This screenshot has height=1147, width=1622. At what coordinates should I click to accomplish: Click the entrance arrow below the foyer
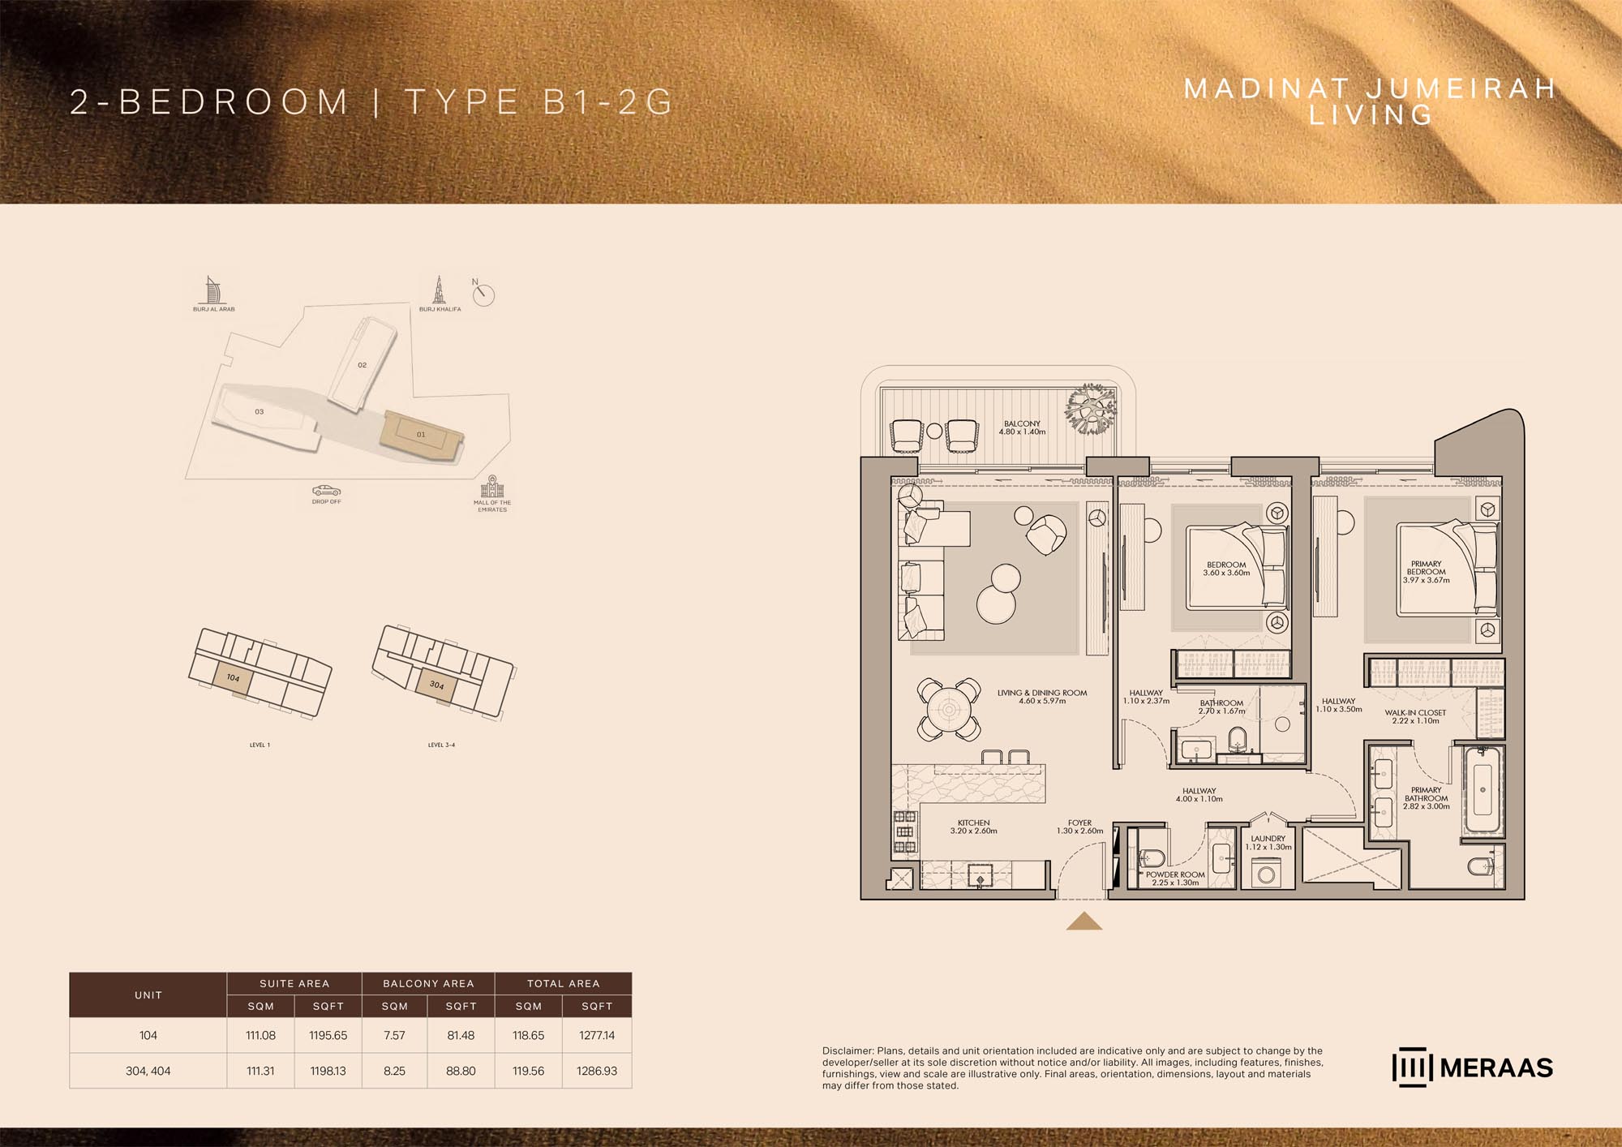(1083, 921)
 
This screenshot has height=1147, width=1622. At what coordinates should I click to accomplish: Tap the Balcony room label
(1022, 427)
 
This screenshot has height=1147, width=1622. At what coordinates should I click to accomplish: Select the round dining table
(949, 710)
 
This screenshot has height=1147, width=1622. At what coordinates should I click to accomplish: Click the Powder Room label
(1175, 879)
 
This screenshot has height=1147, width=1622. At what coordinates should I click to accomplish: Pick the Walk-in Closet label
(1415, 716)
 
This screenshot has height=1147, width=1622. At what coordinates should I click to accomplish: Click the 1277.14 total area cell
(597, 1035)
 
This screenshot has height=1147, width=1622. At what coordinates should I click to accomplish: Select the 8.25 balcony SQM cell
(394, 1071)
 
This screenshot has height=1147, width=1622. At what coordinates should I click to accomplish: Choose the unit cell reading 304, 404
(148, 1071)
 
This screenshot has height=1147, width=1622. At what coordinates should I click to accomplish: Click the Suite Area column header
(294, 983)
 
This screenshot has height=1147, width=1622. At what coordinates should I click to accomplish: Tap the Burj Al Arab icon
(212, 290)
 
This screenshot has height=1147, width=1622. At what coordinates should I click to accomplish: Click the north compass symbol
(483, 294)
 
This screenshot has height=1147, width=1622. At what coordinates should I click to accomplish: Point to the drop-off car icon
(326, 491)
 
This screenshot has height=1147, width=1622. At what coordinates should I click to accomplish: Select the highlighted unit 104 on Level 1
(233, 677)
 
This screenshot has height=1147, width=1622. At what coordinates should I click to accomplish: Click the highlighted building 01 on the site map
(421, 435)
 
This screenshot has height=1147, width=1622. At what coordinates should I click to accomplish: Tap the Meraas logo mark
(1413, 1068)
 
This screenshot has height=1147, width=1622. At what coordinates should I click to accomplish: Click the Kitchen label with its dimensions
(973, 827)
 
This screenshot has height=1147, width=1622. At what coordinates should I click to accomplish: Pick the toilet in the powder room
(1152, 857)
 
